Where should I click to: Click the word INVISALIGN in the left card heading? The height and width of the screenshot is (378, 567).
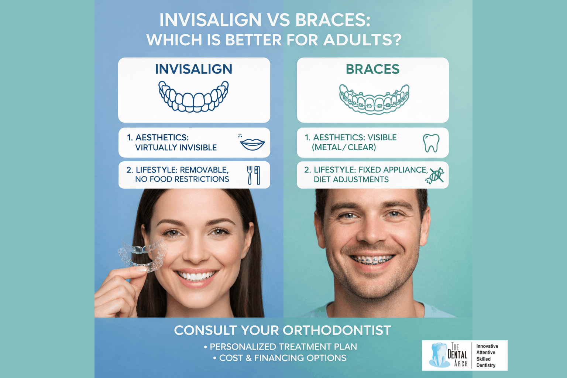(193, 69)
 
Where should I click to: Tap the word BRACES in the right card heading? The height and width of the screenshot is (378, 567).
(372, 69)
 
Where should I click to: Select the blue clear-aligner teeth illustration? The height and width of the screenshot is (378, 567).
(193, 96)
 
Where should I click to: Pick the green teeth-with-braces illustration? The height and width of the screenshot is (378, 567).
(374, 99)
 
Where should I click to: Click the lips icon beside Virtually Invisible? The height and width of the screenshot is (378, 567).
(252, 143)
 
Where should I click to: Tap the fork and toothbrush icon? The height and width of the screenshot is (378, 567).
(254, 175)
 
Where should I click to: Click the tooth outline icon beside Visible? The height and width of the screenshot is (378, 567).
(431, 143)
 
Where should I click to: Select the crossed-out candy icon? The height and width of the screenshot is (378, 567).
(434, 175)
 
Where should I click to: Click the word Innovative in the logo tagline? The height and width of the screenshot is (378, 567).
(487, 346)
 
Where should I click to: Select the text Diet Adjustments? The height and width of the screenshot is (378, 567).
(351, 179)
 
